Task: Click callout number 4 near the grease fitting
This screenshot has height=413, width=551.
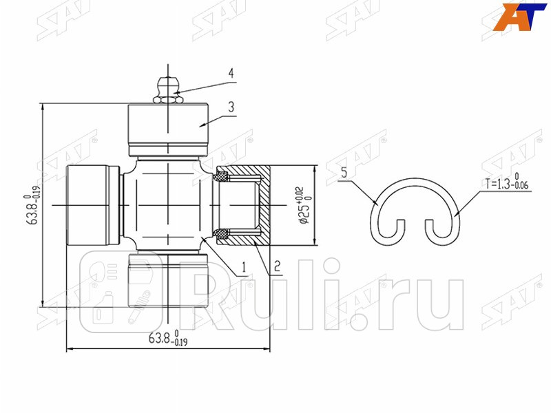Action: (232, 73)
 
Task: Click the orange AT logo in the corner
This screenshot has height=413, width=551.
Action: (521, 18)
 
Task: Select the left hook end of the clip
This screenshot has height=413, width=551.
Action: (393, 231)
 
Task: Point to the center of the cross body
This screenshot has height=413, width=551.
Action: (169, 205)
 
